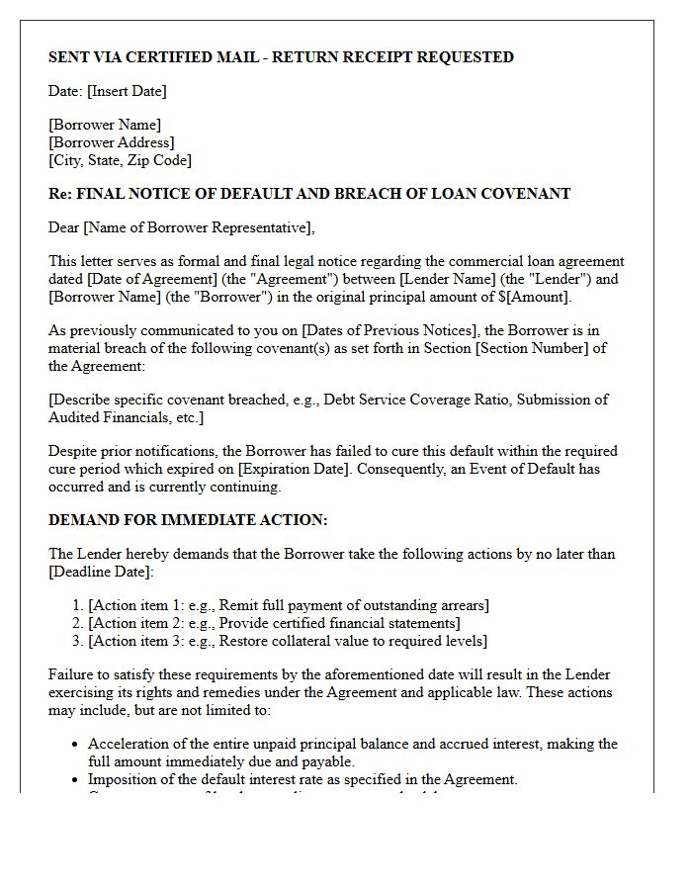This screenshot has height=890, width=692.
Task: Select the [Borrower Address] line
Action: click(x=111, y=142)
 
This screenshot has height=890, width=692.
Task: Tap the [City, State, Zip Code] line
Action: click(x=120, y=160)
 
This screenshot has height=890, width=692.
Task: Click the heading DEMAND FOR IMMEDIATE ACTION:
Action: click(x=188, y=520)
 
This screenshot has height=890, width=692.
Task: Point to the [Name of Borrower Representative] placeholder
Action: click(x=198, y=227)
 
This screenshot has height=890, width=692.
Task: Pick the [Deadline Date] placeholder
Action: click(x=99, y=572)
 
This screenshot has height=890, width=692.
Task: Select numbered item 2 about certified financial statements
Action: click(x=274, y=623)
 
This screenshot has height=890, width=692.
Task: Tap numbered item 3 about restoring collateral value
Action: click(x=288, y=641)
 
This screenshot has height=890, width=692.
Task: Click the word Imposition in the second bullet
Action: click(x=123, y=779)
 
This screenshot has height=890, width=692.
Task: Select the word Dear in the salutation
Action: click(x=64, y=227)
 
